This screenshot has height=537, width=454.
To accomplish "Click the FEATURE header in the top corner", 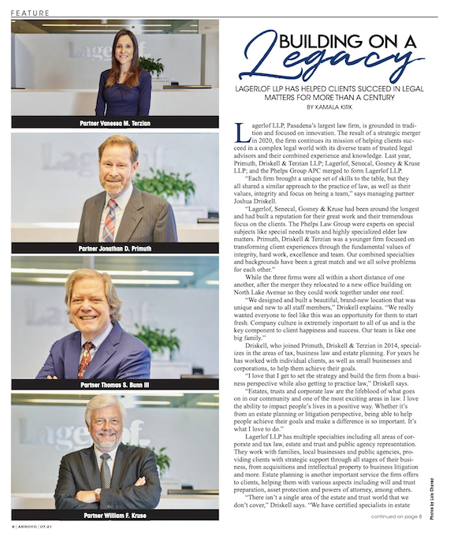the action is [31, 13].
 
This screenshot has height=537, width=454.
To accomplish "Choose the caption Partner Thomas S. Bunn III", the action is [115, 385].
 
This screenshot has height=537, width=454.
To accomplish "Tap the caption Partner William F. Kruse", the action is [115, 514].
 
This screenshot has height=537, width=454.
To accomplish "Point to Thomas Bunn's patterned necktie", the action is [86, 357].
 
